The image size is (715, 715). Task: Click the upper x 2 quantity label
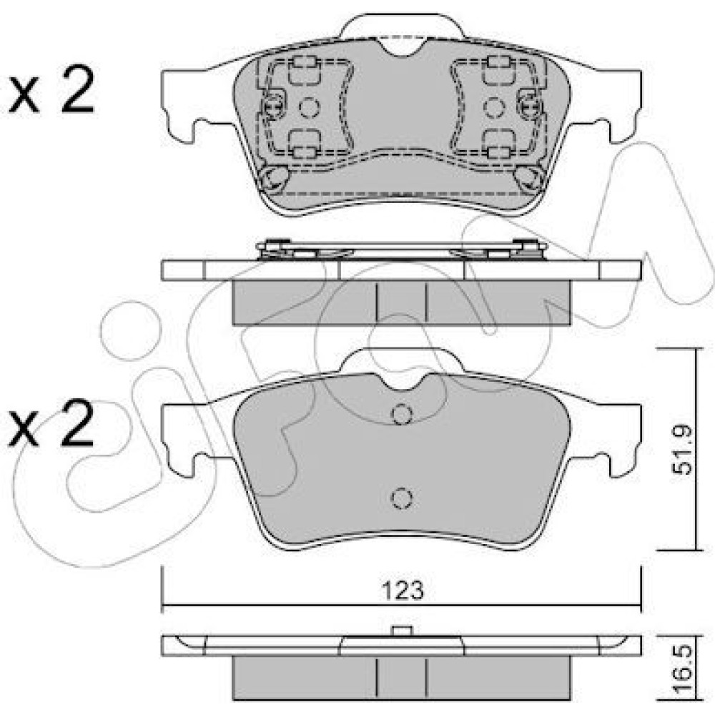[x=51, y=90]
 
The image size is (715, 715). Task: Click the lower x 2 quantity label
[x=51, y=423]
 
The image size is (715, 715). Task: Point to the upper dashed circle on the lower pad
[x=402, y=415]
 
